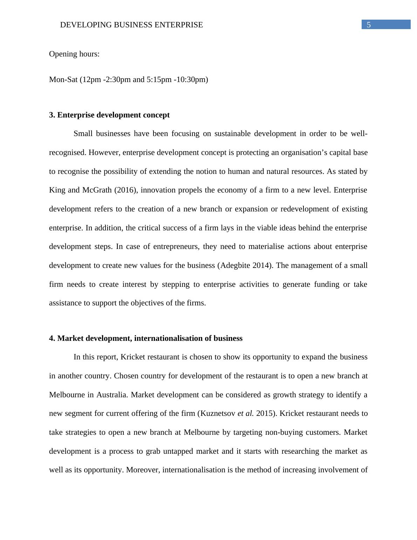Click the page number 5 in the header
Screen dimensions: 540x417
(369, 25)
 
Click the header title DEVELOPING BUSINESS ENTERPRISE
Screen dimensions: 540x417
(131, 25)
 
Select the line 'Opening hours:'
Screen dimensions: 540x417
(74, 54)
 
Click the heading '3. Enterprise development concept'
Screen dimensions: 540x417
(109, 115)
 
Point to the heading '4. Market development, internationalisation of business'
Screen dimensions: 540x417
(146, 338)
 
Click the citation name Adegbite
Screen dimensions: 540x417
(235, 265)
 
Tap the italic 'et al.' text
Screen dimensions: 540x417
(245, 413)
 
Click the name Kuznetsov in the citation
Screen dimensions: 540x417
(218, 413)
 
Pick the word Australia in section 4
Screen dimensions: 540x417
(112, 395)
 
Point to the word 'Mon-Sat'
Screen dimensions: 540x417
(63, 80)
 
